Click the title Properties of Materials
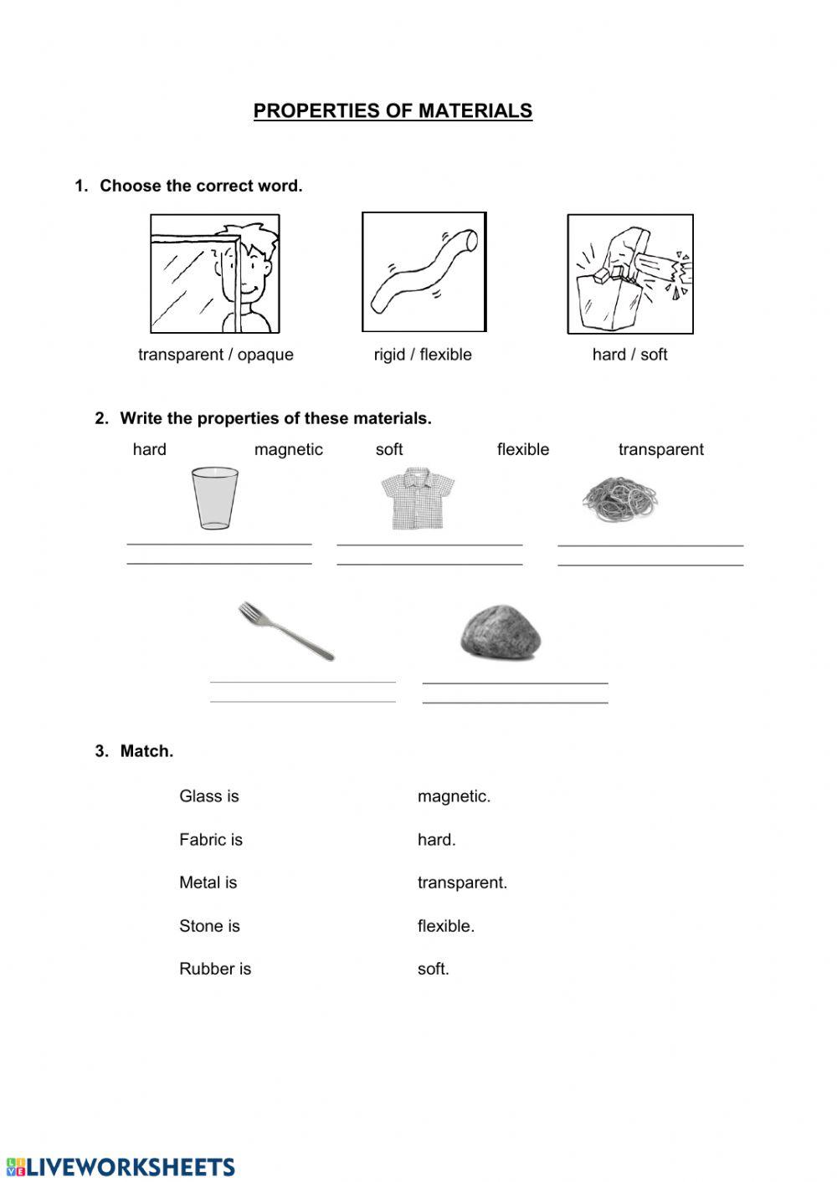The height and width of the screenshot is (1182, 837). click(393, 110)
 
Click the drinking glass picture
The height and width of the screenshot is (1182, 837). click(214, 498)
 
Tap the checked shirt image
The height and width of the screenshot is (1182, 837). click(418, 499)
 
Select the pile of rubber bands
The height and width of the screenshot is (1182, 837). click(619, 499)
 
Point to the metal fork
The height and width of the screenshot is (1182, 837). click(286, 631)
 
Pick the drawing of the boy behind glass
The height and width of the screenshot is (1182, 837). click(215, 274)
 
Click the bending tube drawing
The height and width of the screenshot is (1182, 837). click(424, 272)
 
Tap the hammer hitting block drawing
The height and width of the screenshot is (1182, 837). click(630, 274)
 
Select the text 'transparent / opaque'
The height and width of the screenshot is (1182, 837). click(216, 355)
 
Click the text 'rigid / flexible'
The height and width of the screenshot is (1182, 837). click(423, 355)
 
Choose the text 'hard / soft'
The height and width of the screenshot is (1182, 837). click(629, 355)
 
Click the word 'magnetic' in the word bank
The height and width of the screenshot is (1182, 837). click(288, 450)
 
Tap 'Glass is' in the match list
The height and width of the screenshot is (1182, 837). click(209, 796)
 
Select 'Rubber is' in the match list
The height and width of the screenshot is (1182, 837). click(215, 969)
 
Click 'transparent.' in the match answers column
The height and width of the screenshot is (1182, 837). click(462, 883)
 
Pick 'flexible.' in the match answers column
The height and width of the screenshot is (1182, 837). click(445, 926)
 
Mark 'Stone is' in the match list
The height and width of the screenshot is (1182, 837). click(209, 926)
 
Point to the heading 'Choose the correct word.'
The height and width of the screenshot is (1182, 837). click(201, 186)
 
